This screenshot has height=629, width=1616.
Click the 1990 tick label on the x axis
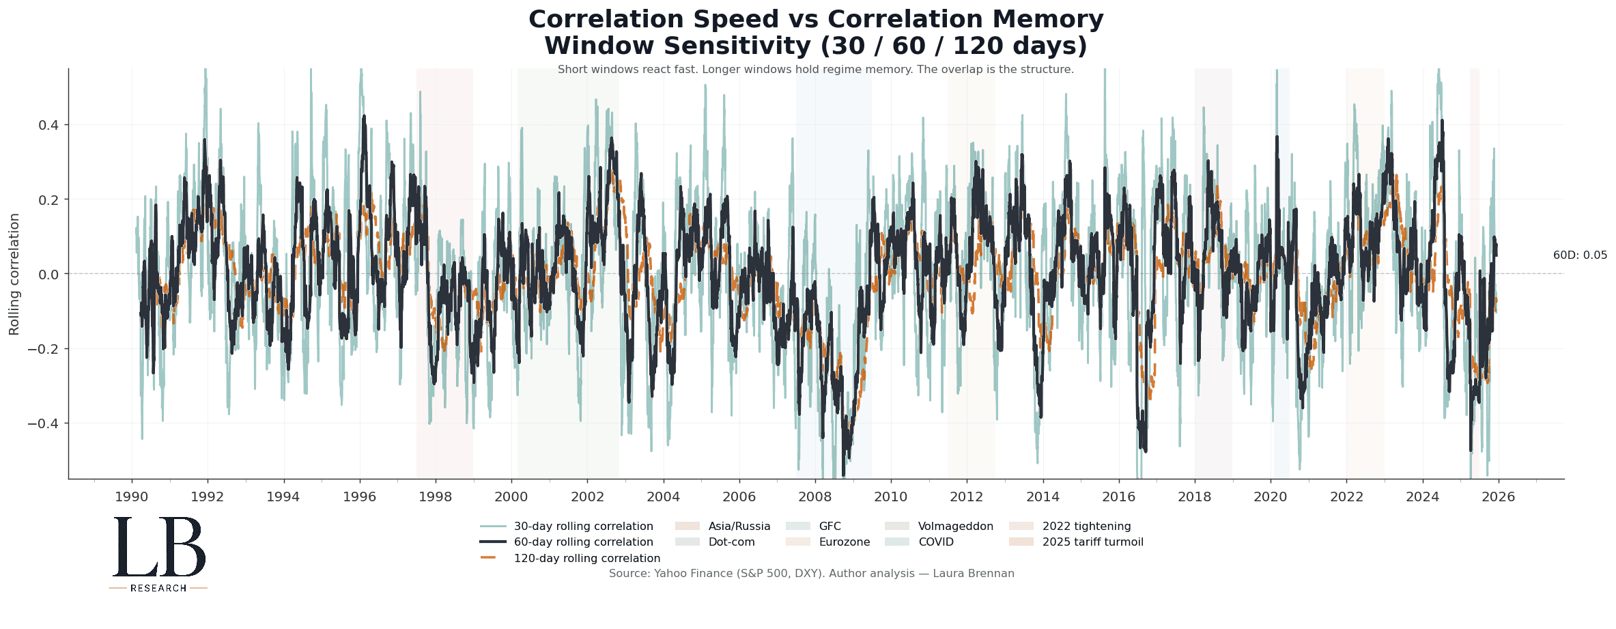click(131, 497)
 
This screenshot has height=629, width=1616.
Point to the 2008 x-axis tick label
click(814, 497)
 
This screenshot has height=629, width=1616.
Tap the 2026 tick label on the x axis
click(1498, 497)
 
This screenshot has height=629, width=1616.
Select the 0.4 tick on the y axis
click(49, 125)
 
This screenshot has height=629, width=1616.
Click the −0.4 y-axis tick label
click(44, 423)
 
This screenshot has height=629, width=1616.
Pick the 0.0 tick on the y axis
click(49, 275)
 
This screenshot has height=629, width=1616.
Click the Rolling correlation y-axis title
click(14, 274)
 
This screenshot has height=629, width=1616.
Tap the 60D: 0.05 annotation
click(1580, 255)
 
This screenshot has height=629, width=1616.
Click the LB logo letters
click(158, 548)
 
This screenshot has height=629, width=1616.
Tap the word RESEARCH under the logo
click(158, 588)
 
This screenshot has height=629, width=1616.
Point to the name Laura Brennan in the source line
click(973, 574)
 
